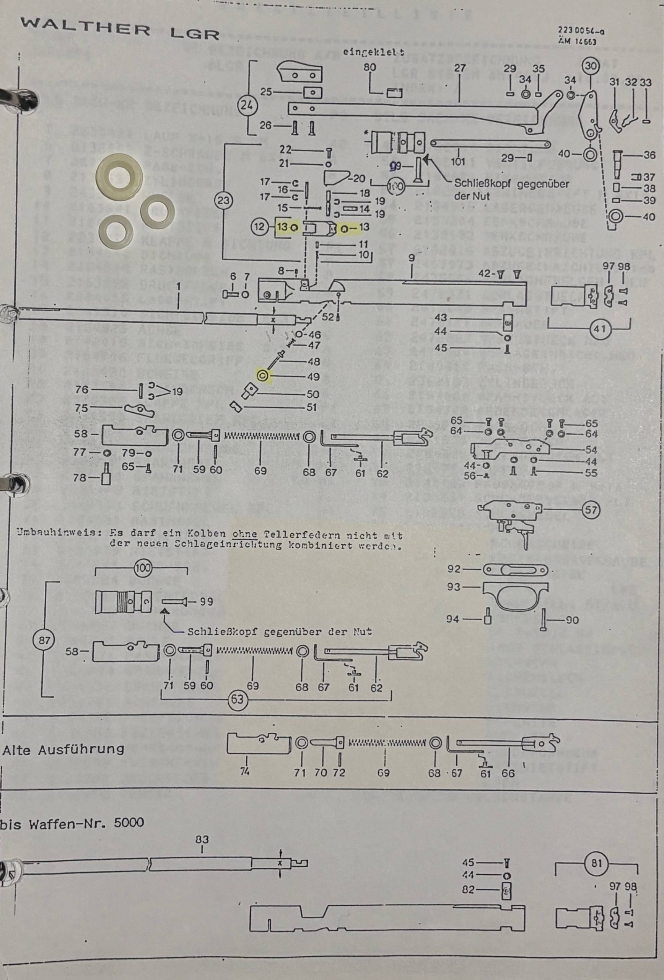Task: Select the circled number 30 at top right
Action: tap(591, 66)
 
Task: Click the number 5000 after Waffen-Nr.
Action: tap(129, 822)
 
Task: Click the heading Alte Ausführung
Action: tap(63, 749)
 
